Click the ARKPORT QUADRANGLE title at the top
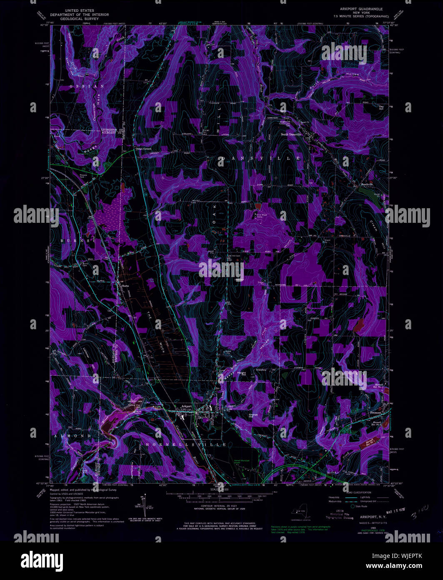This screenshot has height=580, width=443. point(361,9)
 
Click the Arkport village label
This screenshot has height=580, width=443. point(186,406)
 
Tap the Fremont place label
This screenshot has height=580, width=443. point(376,412)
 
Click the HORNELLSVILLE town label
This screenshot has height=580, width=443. point(186,445)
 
